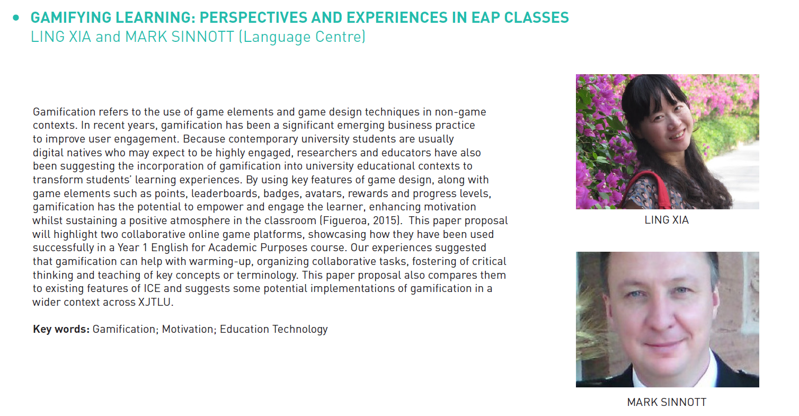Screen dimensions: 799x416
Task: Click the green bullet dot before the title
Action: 16,17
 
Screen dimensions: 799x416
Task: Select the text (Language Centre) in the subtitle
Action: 302,37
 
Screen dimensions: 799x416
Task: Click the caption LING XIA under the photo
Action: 667,220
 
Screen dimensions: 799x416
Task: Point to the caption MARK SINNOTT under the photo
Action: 667,402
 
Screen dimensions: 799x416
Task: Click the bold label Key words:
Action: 61,329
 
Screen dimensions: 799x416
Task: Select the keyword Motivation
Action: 188,329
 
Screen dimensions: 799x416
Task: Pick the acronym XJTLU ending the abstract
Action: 154,302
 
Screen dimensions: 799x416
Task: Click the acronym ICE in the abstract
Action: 152,288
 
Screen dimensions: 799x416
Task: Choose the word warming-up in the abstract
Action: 221,261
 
